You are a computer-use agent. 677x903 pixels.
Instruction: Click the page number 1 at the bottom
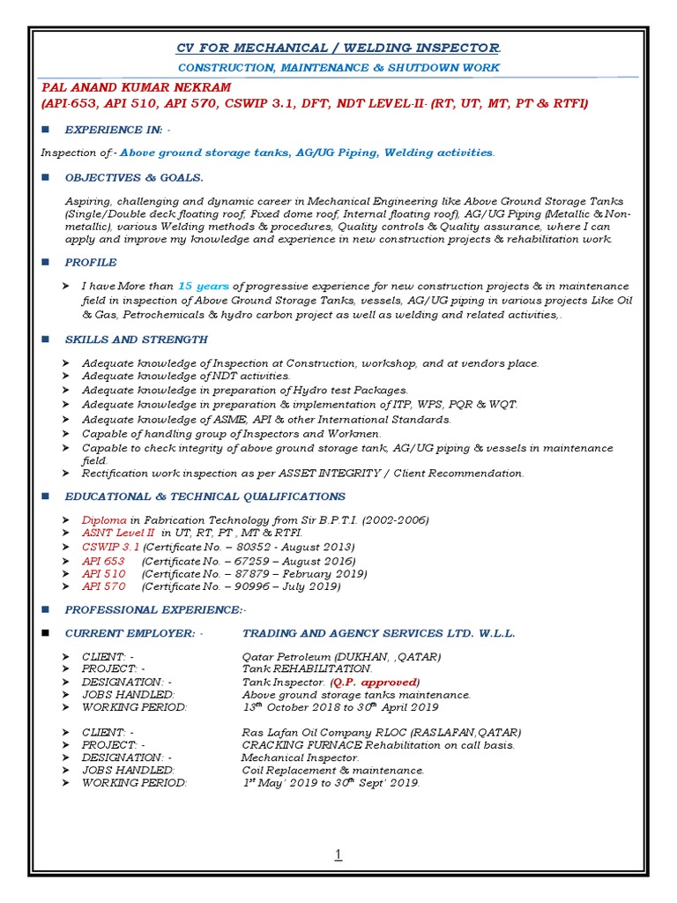pos(338,854)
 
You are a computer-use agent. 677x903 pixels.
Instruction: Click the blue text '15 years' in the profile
pos(205,287)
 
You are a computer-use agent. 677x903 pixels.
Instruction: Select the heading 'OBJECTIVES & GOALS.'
pos(134,177)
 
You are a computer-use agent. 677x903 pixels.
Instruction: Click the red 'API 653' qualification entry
pos(103,561)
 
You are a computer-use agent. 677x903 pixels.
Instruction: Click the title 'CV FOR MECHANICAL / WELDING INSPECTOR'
pos(338,47)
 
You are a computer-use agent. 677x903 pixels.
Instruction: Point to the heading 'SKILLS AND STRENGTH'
pos(137,340)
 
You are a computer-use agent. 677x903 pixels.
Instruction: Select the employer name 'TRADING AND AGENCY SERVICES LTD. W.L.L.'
pos(379,633)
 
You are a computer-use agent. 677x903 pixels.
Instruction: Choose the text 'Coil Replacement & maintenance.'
pos(333,771)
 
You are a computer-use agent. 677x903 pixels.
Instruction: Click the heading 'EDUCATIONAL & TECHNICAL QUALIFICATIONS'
pos(205,496)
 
